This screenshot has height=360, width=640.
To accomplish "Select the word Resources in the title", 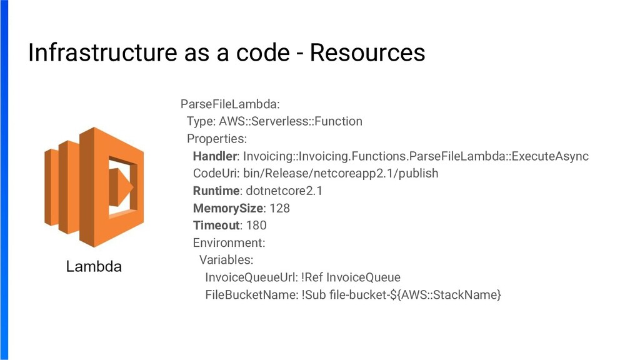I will (367, 52).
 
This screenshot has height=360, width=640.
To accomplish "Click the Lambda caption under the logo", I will (94, 267).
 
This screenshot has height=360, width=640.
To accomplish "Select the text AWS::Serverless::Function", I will (290, 121).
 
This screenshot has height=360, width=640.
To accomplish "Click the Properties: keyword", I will (216, 138).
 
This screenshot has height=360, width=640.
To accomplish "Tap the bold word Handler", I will (215, 156).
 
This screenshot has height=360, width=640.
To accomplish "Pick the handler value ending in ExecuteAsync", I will (416, 156).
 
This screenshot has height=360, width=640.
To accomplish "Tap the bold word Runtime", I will (216, 191).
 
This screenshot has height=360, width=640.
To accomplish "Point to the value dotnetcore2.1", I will (284, 191).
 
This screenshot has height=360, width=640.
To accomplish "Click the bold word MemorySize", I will (227, 207).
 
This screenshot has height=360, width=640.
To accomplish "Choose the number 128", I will (279, 207).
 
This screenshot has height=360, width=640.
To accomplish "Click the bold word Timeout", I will (216, 225).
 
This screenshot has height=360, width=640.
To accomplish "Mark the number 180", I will (256, 225).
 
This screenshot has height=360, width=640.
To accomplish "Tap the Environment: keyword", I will (229, 242).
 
